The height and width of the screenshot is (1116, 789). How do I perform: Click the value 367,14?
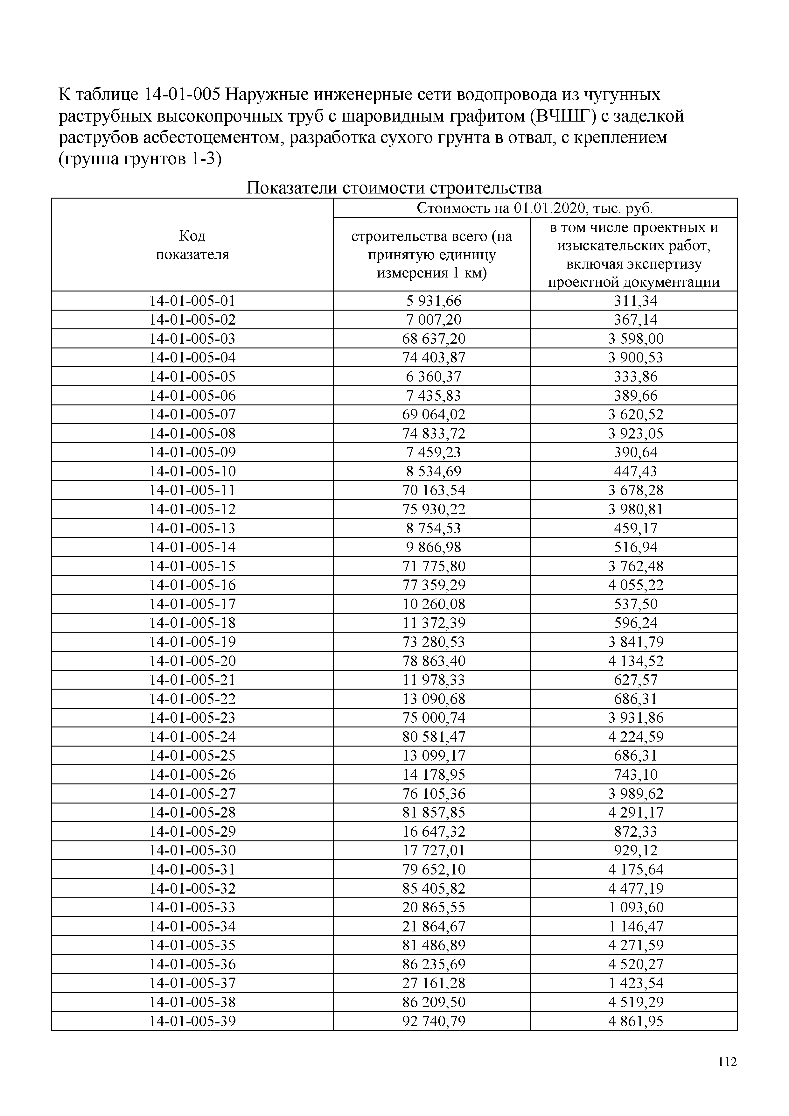[x=635, y=320]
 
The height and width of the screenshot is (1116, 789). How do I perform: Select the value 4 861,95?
[x=635, y=1021]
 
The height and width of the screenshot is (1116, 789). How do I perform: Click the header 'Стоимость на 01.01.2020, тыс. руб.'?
[x=535, y=208]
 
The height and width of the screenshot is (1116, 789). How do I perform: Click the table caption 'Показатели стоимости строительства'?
[x=394, y=188]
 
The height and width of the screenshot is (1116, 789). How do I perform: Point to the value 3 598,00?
[x=635, y=339]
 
